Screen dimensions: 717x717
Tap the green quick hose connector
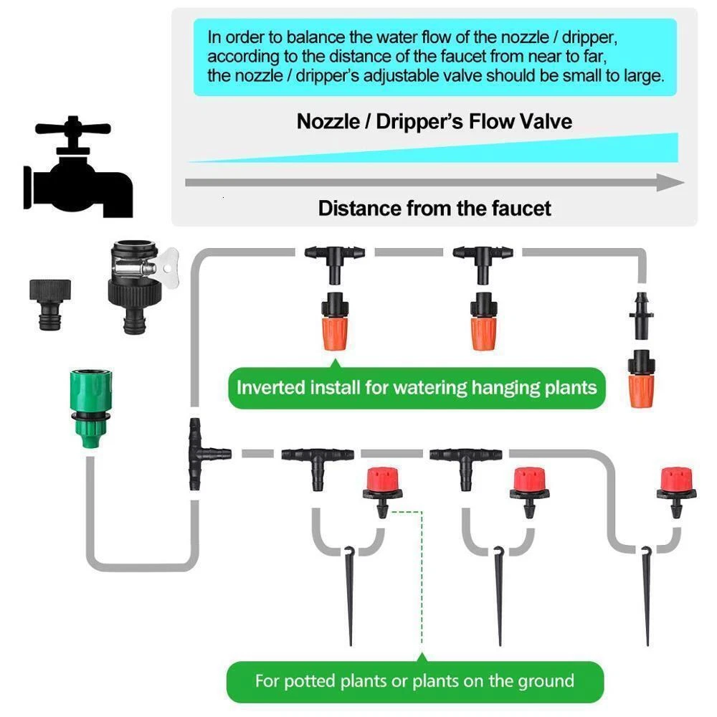point(91,408)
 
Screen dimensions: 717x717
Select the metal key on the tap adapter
point(168,267)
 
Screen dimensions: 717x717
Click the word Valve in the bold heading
point(546,122)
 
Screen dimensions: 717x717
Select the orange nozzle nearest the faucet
point(335,321)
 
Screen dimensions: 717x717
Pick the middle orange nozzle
point(483,321)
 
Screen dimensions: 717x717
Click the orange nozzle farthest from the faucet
point(641,379)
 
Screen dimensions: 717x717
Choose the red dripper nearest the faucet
point(383,492)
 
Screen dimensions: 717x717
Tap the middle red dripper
point(530,492)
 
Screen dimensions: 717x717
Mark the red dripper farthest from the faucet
point(676,492)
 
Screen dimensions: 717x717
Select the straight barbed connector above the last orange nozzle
point(641,315)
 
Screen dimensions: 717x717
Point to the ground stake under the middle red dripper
point(499,595)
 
